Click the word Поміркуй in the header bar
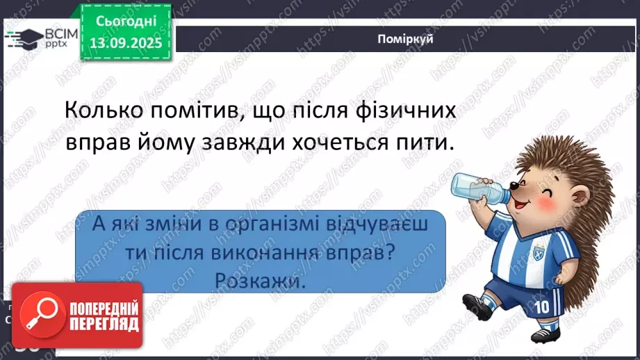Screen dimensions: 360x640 (x=407, y=39)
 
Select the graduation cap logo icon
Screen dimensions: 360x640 (x=25, y=38)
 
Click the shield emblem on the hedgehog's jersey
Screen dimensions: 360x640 (x=538, y=238)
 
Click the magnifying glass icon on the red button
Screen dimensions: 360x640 (x=39, y=314)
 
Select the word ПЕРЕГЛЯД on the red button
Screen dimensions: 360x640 (x=104, y=324)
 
